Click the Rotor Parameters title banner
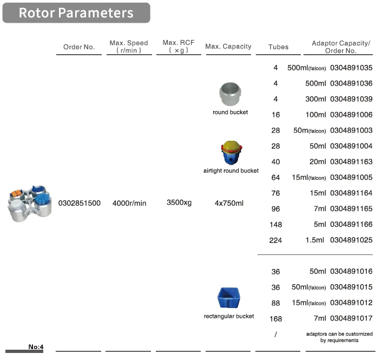tap(76, 12)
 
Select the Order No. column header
tap(79, 47)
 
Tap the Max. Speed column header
tap(129, 47)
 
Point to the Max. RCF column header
tap(178, 46)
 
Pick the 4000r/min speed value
tap(129, 203)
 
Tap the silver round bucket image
tap(230, 95)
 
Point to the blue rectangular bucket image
tap(230, 298)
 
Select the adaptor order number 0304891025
tap(351, 240)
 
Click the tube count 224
tap(275, 240)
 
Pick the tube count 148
tap(275, 225)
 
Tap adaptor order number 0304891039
tap(351, 100)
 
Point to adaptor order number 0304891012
tap(351, 303)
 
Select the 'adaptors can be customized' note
tap(339, 337)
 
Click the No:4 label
tap(36, 347)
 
